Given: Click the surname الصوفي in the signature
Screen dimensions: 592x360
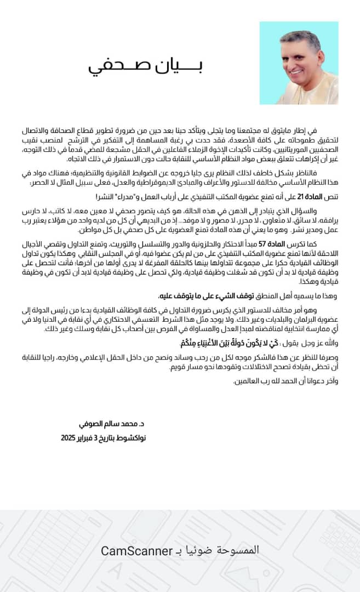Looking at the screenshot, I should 89,424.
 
